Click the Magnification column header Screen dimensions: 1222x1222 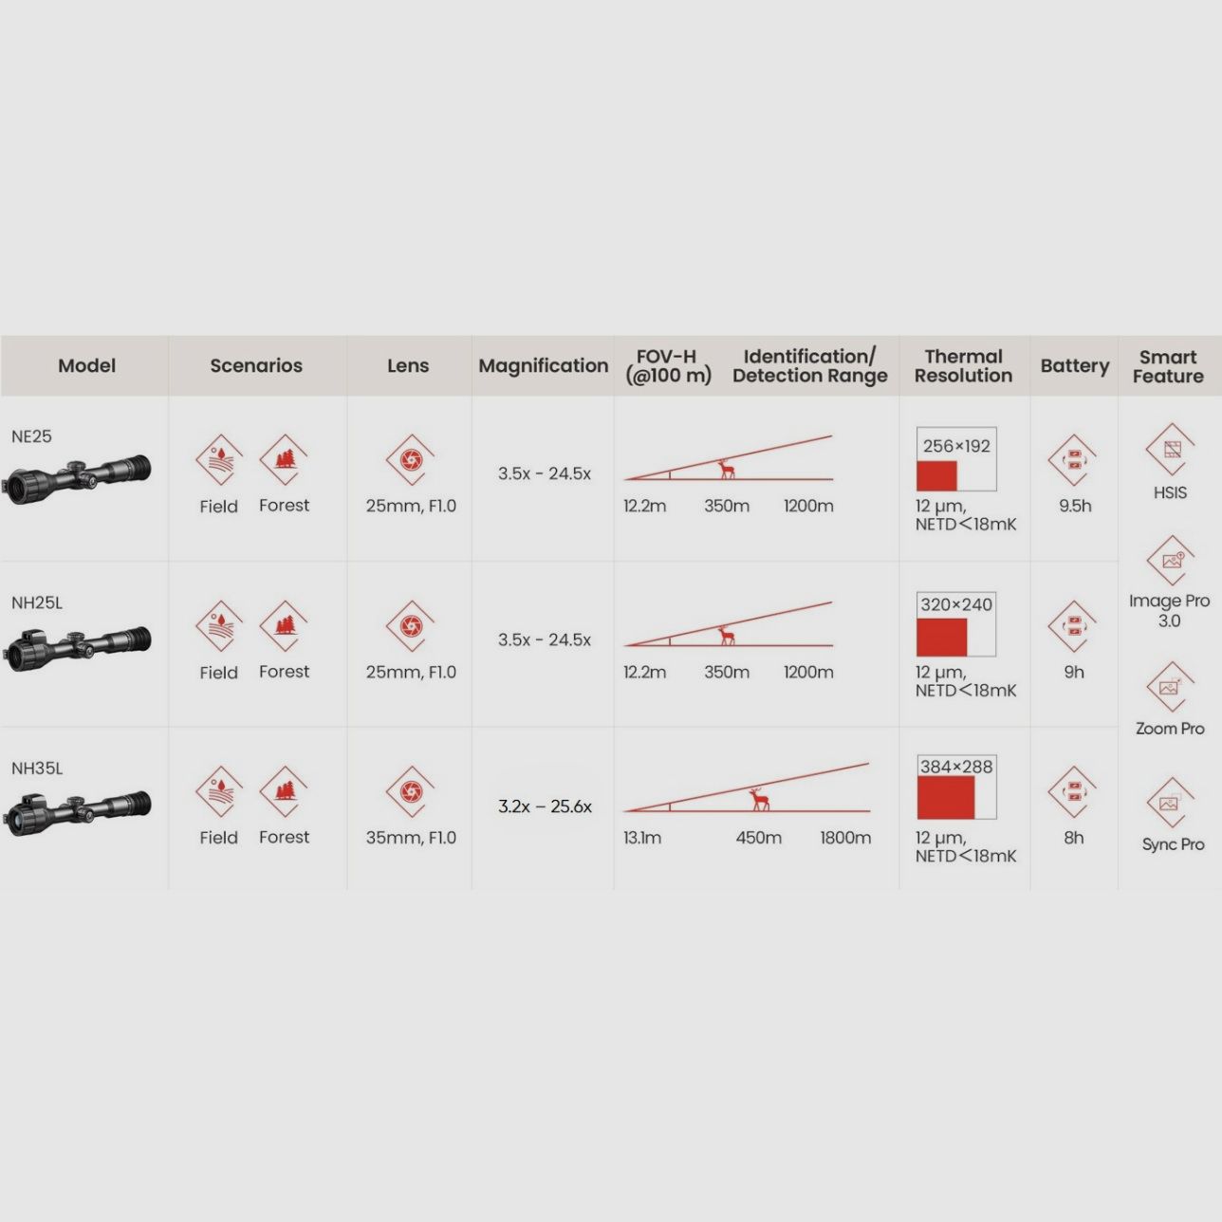[x=543, y=366]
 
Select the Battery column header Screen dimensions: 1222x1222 [x=1074, y=366]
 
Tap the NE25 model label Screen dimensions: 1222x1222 [x=31, y=436]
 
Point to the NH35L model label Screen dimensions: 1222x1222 [x=37, y=768]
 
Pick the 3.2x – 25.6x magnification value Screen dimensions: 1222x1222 [x=545, y=806]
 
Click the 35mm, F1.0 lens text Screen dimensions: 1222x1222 [x=411, y=838]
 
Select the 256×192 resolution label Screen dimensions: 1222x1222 [x=956, y=446]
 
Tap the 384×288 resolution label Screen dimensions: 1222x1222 [x=956, y=767]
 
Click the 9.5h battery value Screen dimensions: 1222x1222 [x=1075, y=506]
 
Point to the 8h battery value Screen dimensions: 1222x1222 [x=1074, y=838]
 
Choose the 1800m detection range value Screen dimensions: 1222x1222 [x=845, y=838]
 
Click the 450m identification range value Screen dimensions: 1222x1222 [x=758, y=838]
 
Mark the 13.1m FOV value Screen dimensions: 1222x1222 [x=641, y=838]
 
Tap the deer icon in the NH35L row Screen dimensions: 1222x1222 [x=759, y=799]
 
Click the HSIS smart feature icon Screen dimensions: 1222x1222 [x=1170, y=449]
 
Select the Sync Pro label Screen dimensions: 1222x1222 [x=1173, y=844]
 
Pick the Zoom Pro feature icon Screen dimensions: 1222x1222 [x=1170, y=687]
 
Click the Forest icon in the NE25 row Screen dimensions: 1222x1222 [x=284, y=459]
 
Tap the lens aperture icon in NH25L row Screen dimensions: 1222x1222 [x=411, y=626]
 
